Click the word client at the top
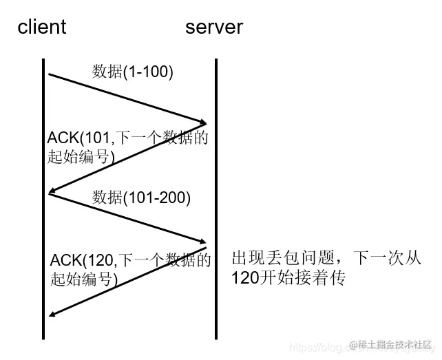(x=42, y=27)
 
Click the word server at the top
(x=214, y=27)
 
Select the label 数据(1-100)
(x=132, y=72)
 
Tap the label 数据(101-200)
(x=141, y=198)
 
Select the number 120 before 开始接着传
(x=244, y=279)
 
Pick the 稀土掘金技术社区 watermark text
(x=396, y=344)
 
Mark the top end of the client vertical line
(x=43, y=61)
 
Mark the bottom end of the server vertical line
(x=216, y=337)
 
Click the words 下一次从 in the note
(x=385, y=259)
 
